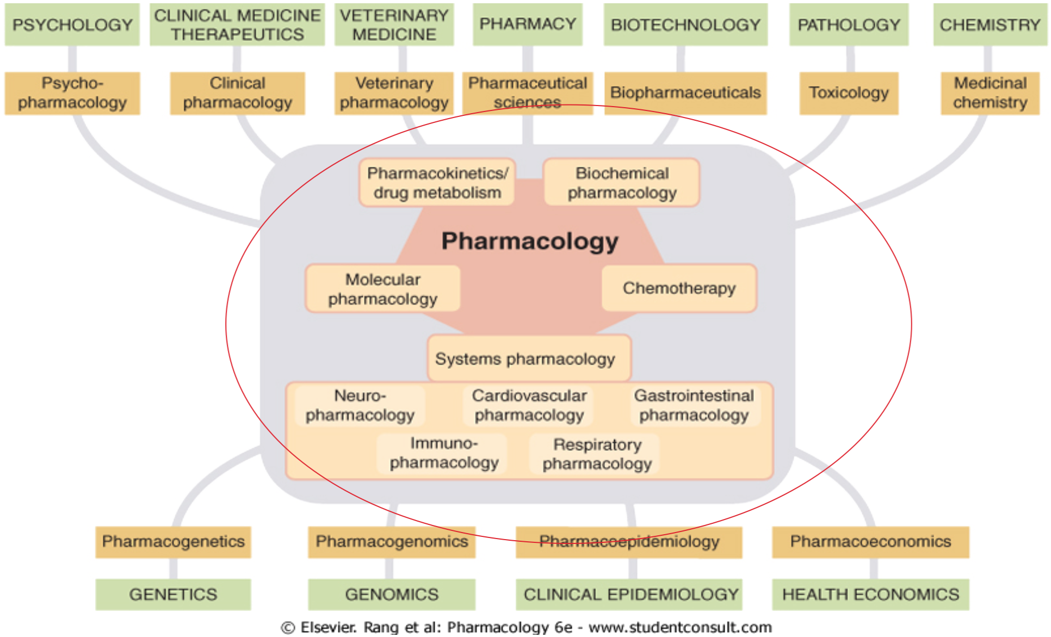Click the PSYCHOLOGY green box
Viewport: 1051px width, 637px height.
[x=72, y=24]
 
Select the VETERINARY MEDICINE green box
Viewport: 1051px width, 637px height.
[x=394, y=24]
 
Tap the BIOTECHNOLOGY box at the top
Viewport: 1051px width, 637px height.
[x=685, y=24]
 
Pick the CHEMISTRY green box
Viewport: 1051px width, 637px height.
[x=990, y=24]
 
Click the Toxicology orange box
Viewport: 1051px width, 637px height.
[x=849, y=93]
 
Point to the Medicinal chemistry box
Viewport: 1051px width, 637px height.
[x=990, y=93]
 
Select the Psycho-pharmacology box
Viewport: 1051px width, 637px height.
[x=72, y=93]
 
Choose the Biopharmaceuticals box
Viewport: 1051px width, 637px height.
[x=685, y=93]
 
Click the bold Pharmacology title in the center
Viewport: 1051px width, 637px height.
[x=530, y=241]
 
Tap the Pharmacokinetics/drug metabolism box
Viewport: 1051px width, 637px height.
[x=437, y=183]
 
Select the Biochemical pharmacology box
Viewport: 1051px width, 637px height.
[x=622, y=183]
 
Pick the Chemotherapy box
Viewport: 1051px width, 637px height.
[x=679, y=288]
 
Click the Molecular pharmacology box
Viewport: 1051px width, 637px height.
[x=383, y=289]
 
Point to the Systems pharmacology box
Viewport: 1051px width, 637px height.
[x=525, y=359]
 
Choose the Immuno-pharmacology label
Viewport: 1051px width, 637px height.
[x=444, y=453]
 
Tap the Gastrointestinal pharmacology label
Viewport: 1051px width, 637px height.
[x=694, y=405]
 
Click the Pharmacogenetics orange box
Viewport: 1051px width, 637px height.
[x=173, y=542]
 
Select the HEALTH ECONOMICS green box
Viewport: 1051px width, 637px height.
[x=870, y=595]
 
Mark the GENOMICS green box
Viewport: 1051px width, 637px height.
[x=392, y=595]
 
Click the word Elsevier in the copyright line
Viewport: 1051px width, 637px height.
[x=328, y=627]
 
